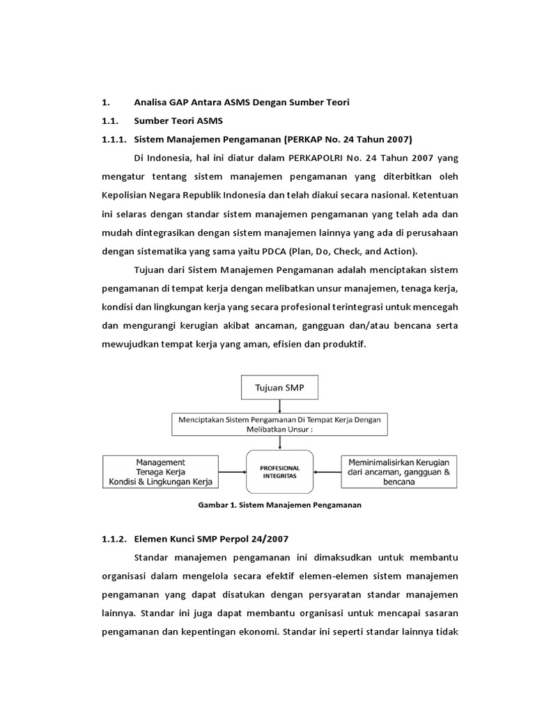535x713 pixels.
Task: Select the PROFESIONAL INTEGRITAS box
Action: [281, 471]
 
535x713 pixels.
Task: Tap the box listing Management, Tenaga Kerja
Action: [160, 472]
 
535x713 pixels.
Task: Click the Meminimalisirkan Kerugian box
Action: [400, 471]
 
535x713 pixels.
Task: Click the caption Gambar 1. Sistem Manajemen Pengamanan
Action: [280, 505]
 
